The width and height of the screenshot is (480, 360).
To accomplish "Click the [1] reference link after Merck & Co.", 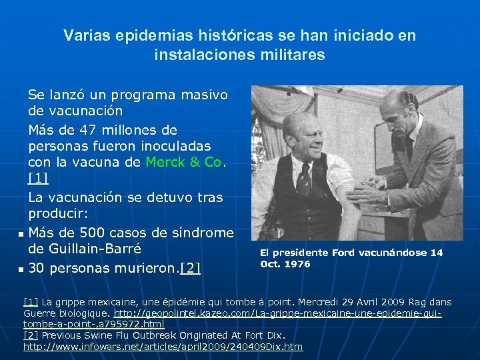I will (x=38, y=179).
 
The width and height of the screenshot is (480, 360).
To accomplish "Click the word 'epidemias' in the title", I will (x=135, y=36).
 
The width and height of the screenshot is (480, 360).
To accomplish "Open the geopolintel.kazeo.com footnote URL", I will (x=278, y=313).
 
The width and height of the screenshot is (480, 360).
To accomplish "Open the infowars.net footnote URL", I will (x=163, y=347).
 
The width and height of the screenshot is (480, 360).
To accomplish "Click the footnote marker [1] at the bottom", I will (x=30, y=301).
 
